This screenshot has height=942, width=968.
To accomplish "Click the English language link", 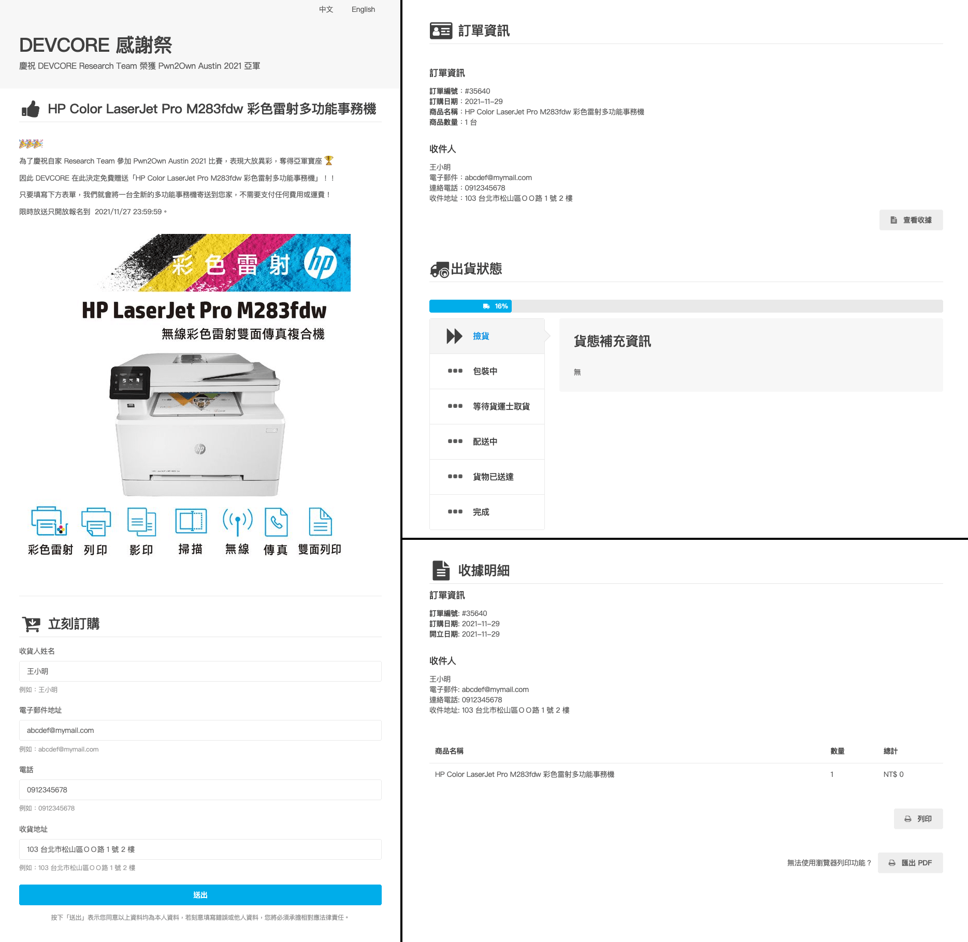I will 363,9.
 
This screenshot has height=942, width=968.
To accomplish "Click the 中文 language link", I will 326,9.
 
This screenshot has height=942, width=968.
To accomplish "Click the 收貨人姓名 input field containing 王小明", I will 200,671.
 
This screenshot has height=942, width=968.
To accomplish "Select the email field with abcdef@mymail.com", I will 200,730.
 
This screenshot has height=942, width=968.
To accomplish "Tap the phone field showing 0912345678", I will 200,790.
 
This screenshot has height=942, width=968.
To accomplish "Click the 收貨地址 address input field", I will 200,849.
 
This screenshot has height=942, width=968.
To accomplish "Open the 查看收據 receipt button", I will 911,220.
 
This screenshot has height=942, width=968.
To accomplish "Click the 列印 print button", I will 918,819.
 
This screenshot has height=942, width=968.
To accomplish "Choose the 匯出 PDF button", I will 910,863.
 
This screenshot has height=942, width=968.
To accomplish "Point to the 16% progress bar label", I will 500,306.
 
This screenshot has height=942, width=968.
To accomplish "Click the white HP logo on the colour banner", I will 320,263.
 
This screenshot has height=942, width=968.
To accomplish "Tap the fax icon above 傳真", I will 276,522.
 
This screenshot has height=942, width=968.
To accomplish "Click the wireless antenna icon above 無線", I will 237,522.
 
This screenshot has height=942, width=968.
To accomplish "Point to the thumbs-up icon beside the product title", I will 31,109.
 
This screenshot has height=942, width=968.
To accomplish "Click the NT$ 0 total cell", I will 893,774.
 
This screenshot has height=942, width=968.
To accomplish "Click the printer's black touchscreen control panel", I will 130,383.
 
